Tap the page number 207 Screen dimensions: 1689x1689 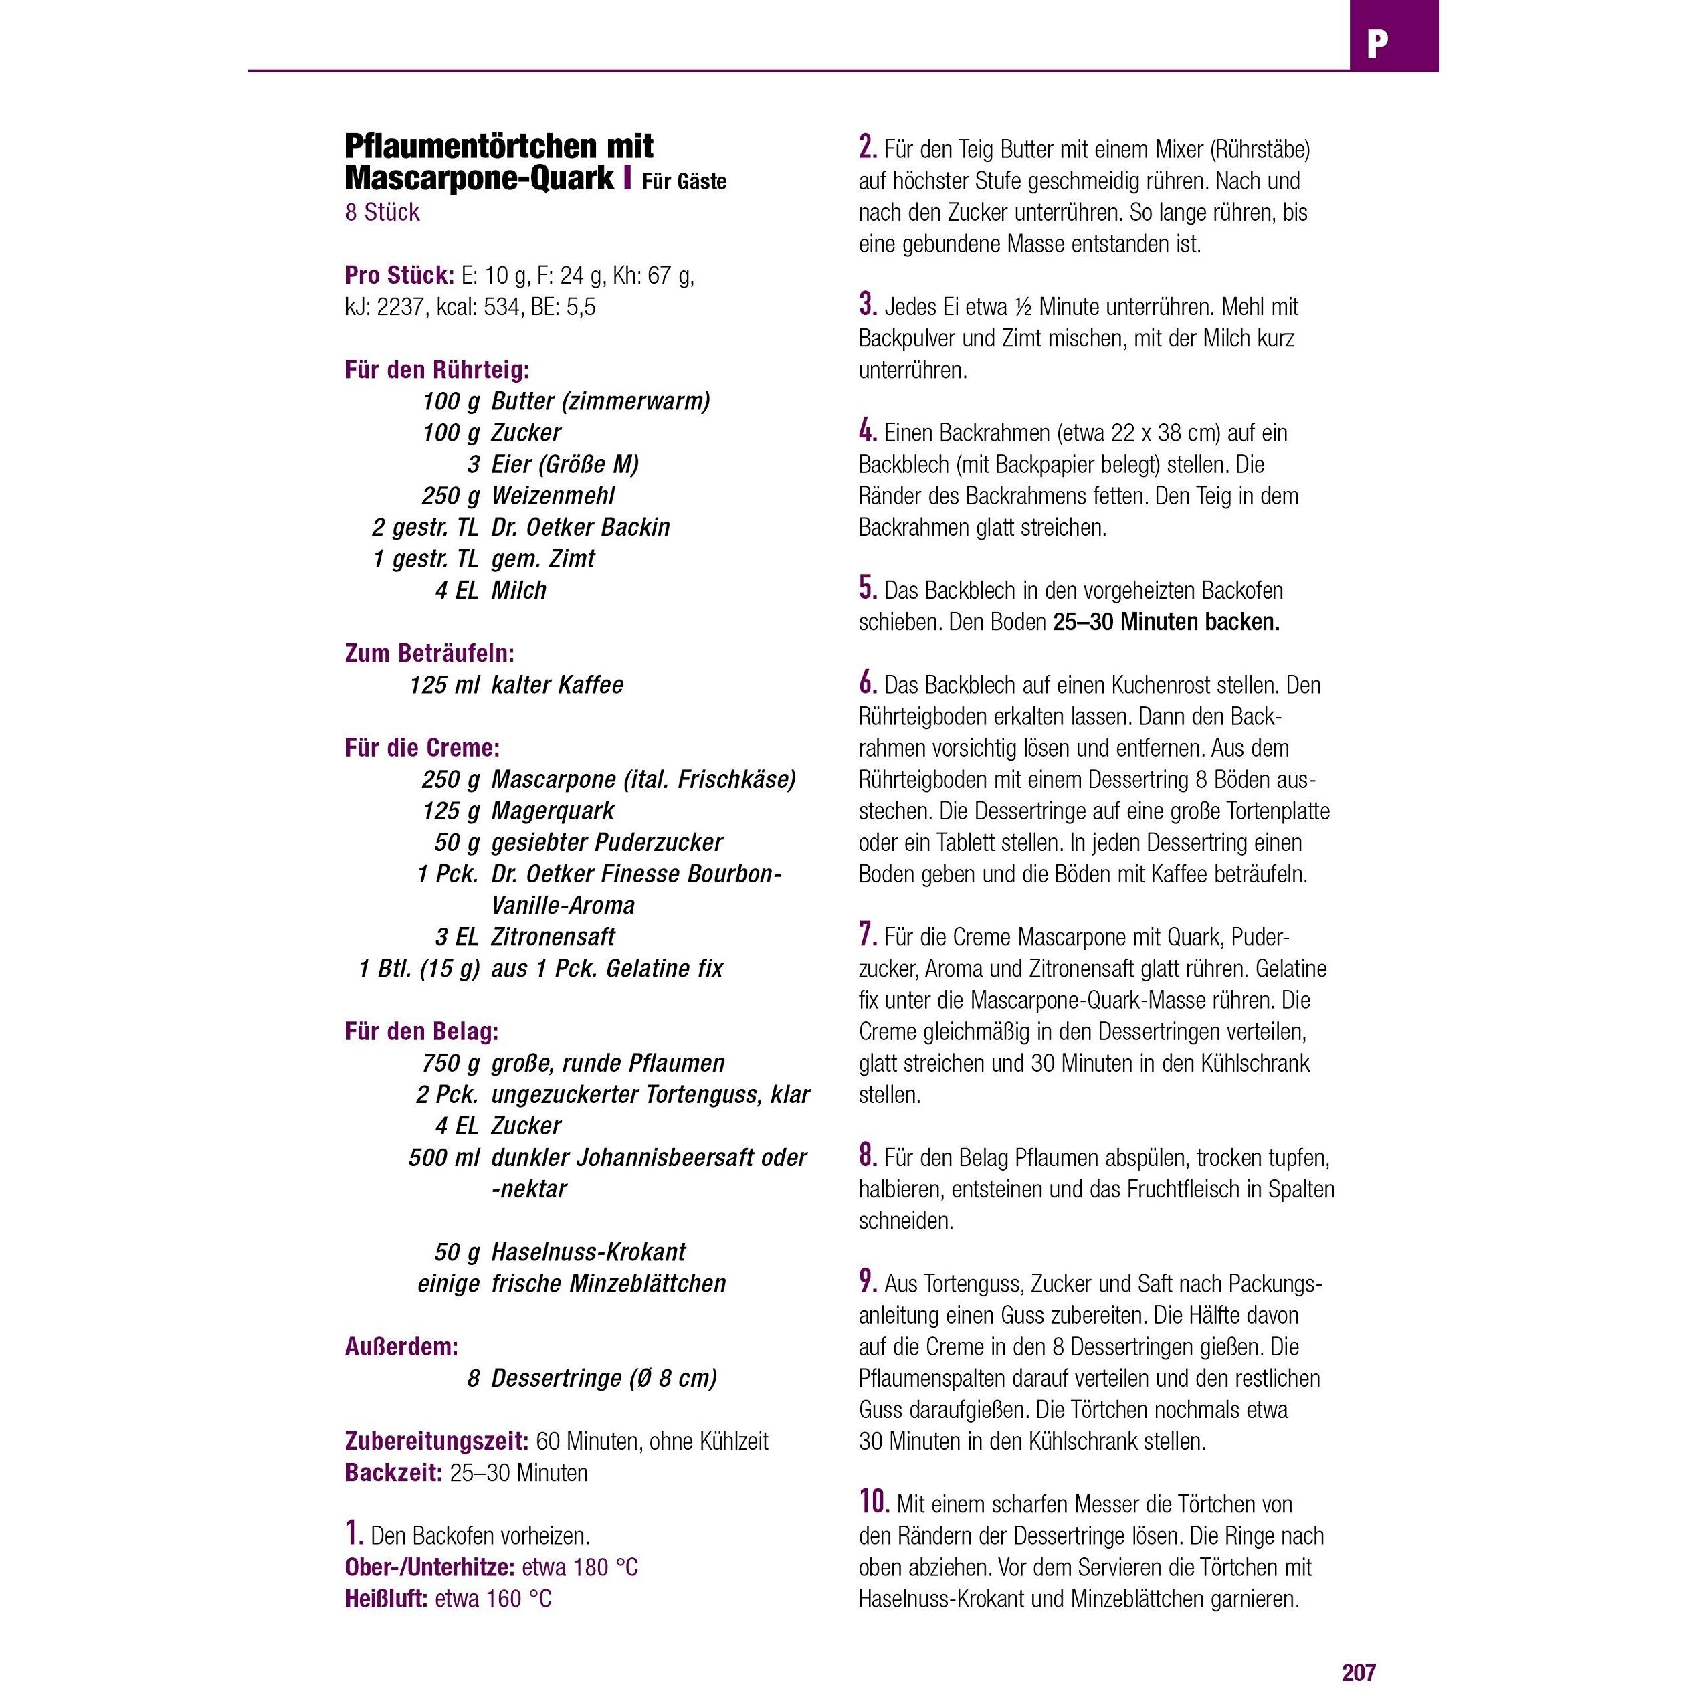[x=1359, y=1672]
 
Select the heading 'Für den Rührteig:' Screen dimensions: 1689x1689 [x=437, y=370]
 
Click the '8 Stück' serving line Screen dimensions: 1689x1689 [x=382, y=213]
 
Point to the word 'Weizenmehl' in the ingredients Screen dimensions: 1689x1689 [x=553, y=496]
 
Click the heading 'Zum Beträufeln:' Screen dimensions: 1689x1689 [x=429, y=653]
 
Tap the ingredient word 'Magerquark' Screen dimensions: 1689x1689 [x=553, y=811]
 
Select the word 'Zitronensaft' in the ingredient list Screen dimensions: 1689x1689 [x=553, y=937]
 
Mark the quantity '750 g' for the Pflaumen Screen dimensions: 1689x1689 [x=450, y=1063]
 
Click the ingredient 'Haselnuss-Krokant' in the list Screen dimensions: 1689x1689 [x=589, y=1252]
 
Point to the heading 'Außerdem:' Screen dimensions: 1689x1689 [x=401, y=1347]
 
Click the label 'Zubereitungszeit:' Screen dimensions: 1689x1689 [x=436, y=1441]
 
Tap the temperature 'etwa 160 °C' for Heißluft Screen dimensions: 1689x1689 [x=493, y=1598]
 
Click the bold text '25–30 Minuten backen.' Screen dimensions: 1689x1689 [x=1166, y=623]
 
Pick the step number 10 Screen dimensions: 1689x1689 [x=874, y=1501]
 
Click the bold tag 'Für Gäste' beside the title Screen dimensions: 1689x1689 [x=684, y=182]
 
